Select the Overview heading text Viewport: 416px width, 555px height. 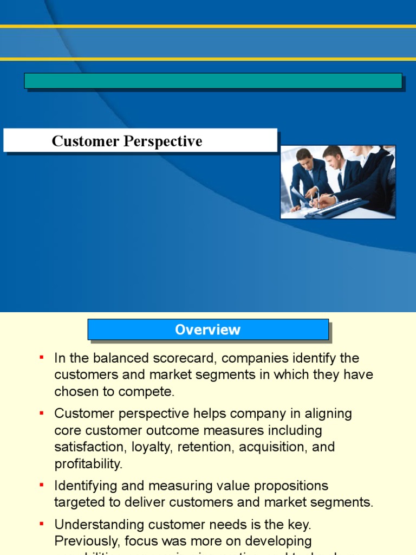[x=207, y=330]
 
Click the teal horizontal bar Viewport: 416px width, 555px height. [x=213, y=81]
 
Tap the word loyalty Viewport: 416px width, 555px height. [x=147, y=447]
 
